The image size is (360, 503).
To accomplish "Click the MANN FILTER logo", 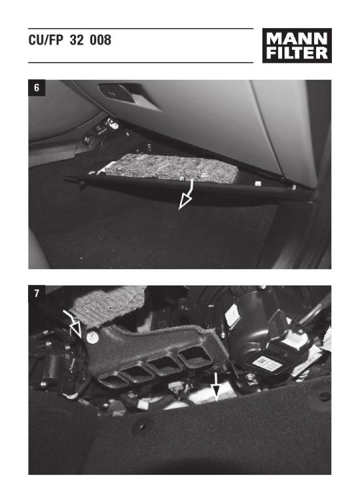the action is coord(297,46).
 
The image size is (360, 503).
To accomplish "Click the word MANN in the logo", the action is coord(297,39).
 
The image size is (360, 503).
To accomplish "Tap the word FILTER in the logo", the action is coord(297,53).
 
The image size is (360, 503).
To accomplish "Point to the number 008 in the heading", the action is coord(100,40).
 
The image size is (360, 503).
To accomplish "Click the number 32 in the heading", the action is coord(77,40).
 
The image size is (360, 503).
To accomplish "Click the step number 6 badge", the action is coord(37,88).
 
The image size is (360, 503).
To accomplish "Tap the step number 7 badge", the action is coord(37,293).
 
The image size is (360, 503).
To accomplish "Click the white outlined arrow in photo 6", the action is coord(187,195).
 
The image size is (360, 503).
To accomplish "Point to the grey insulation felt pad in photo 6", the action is coord(170,168).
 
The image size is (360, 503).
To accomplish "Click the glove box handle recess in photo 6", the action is coord(118,92).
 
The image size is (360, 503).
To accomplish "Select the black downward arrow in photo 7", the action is coord(217,386).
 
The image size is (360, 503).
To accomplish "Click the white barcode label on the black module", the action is coord(266,363).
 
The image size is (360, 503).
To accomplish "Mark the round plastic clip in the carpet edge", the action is coord(141,427).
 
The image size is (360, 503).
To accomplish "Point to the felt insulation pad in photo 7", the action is coord(107,303).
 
